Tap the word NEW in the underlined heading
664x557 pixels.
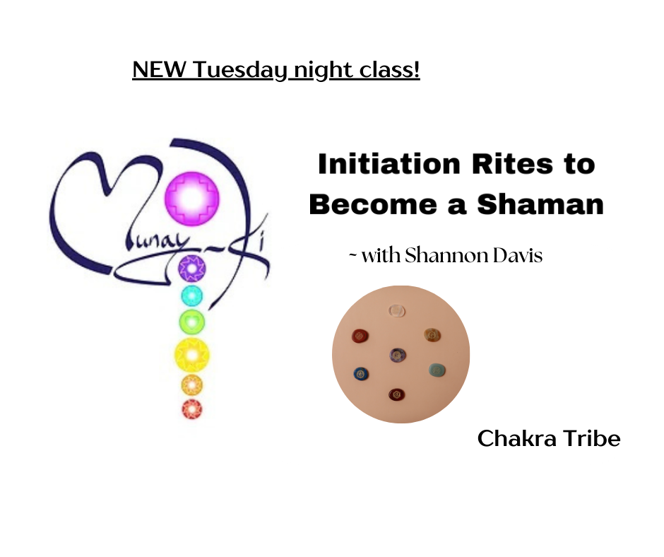[159, 69]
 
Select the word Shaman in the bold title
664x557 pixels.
[540, 204]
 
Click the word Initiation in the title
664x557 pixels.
[389, 164]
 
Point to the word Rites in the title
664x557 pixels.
[512, 164]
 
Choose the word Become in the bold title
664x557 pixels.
[373, 204]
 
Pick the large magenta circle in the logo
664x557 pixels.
[192, 198]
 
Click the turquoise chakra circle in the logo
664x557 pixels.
[192, 295]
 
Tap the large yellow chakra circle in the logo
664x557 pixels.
[192, 356]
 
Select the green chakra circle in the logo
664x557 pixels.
[192, 322]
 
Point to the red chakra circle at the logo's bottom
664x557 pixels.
[192, 409]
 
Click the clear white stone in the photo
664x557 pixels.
[397, 311]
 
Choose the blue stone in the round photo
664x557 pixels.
[361, 374]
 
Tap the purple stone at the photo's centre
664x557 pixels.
[398, 354]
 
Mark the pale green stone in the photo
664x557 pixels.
[437, 370]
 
